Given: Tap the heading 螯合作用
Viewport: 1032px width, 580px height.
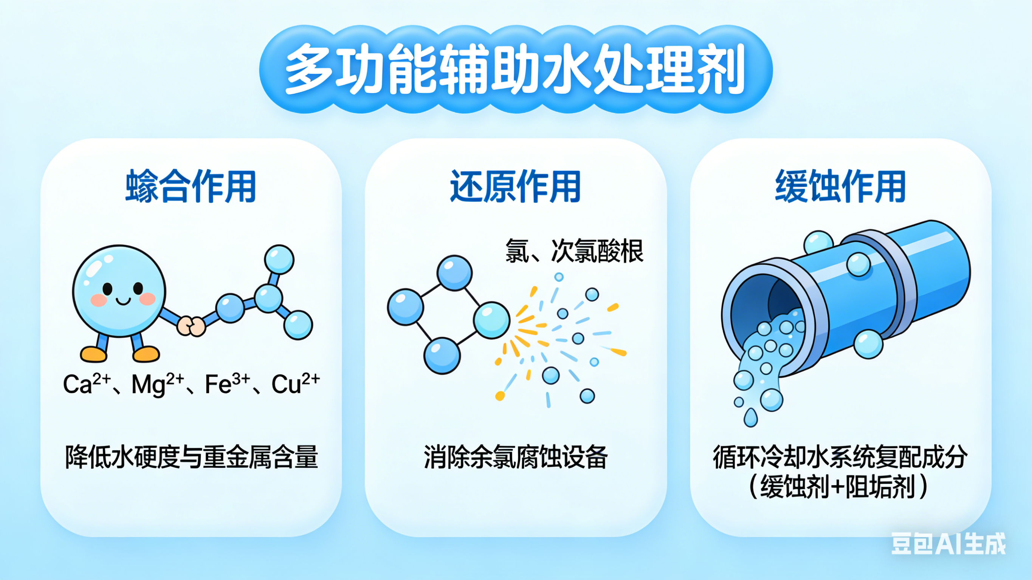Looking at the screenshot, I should tap(191, 187).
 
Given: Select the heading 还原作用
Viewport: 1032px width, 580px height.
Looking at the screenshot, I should tap(516, 187).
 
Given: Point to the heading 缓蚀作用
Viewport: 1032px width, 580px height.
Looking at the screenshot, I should tap(840, 187).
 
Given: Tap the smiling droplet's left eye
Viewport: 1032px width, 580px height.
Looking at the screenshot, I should tap(107, 288).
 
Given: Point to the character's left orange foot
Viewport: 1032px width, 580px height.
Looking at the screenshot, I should tap(94, 354).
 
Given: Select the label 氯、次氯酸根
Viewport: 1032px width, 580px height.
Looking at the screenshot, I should tap(574, 251).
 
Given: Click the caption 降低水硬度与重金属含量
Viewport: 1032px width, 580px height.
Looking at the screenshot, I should tap(192, 457).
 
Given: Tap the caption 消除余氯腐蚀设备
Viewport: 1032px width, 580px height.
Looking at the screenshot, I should tap(516, 457).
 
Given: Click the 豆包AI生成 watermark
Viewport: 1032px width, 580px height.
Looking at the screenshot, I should tap(948, 544).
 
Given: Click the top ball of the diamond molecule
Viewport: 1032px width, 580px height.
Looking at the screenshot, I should tap(454, 273).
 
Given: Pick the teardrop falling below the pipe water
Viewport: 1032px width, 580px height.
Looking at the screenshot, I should tap(750, 418).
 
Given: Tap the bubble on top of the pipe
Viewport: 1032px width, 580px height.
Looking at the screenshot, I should tap(818, 243).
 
